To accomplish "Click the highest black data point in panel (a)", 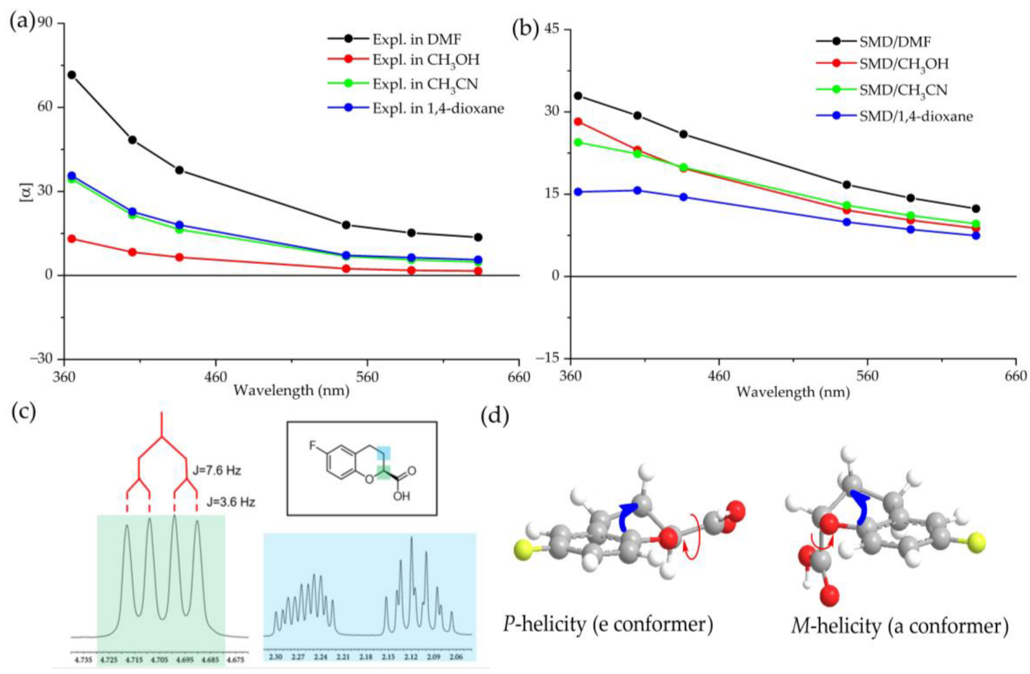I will [71, 75].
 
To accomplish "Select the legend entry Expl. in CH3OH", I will [426, 60].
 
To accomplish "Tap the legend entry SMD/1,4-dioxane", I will [916, 116].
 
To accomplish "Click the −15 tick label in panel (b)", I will [550, 358].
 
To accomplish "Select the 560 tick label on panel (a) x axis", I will [367, 377].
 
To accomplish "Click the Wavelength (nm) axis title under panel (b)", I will [793, 392].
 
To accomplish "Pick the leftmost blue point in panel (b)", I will [578, 192].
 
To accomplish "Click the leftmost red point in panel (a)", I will [71, 239].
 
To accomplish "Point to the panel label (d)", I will [495, 417].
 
